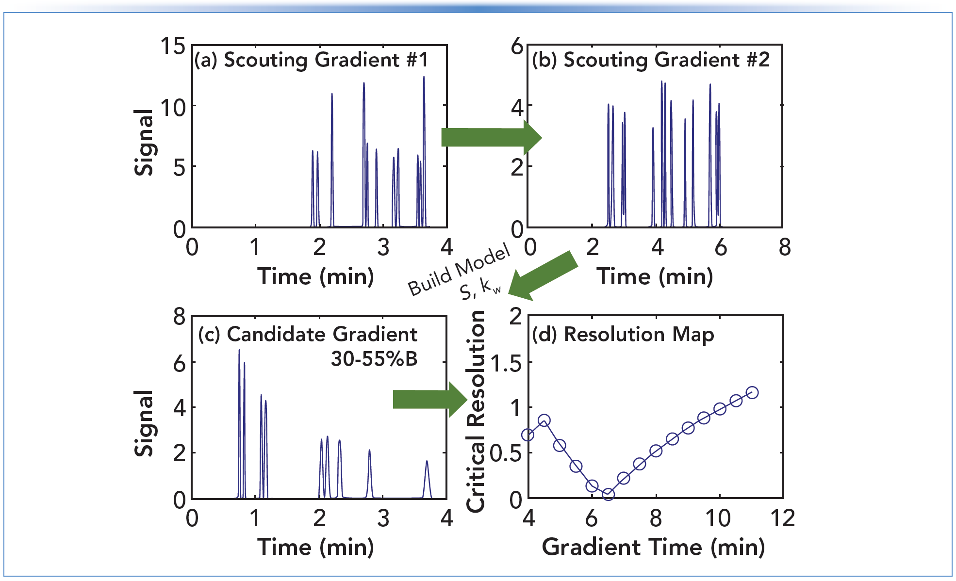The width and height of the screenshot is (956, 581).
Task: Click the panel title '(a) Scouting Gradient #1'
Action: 311,60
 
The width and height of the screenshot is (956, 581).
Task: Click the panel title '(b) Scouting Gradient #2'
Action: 650,60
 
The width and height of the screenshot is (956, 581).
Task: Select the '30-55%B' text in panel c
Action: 374,359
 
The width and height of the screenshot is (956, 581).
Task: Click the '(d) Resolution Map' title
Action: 623,335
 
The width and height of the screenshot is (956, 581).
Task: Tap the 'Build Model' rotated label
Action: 458,270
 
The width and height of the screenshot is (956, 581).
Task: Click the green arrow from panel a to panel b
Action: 490,137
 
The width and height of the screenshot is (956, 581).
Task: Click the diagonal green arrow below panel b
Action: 544,275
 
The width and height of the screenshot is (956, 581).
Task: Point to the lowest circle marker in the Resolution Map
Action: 608,494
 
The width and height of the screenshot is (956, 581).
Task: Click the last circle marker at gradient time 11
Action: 752,392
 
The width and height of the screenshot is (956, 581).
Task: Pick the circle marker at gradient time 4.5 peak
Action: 544,420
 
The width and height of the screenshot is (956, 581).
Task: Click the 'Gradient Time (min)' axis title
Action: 653,547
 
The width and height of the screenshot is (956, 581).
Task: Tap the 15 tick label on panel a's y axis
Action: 173,47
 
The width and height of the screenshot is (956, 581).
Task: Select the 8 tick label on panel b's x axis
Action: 785,247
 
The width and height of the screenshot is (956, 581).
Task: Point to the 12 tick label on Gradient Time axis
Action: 783,518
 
